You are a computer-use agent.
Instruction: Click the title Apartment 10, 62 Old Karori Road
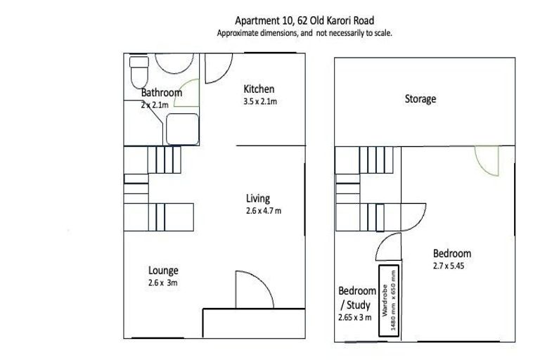click(x=304, y=21)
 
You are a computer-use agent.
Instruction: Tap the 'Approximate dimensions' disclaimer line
click(x=304, y=33)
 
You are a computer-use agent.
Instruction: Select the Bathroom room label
click(x=161, y=93)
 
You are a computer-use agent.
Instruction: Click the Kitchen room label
click(x=259, y=89)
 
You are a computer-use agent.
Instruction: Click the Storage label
click(x=420, y=99)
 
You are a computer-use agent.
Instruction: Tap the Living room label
click(x=257, y=199)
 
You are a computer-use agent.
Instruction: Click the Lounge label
click(x=163, y=271)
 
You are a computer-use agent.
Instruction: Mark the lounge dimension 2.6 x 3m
click(x=164, y=283)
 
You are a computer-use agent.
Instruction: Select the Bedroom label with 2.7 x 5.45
click(x=451, y=254)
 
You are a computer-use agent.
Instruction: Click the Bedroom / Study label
click(x=357, y=297)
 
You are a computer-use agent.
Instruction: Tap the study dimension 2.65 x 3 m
click(x=356, y=318)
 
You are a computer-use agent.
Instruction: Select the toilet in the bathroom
click(x=139, y=70)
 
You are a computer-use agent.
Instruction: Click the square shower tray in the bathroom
click(x=181, y=128)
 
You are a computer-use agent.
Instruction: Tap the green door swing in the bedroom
click(x=487, y=162)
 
